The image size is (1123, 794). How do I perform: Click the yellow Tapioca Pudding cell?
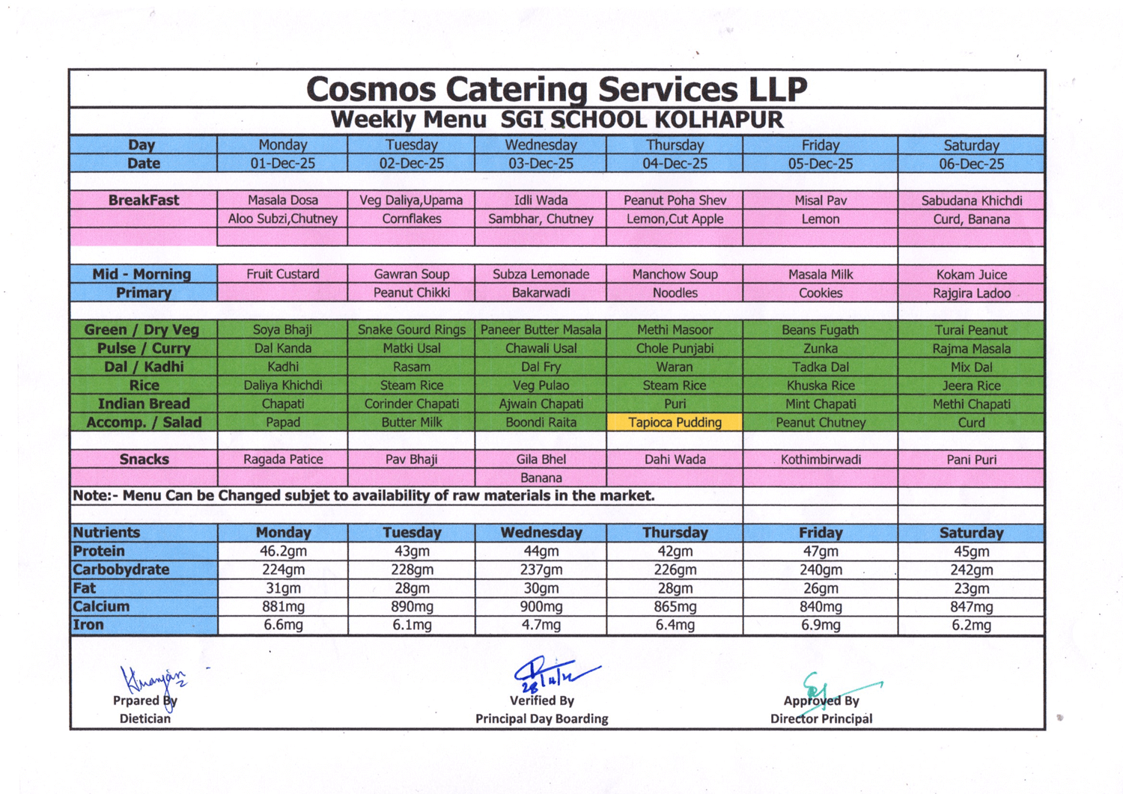pyautogui.click(x=675, y=422)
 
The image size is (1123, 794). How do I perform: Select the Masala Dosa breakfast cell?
pyautogui.click(x=282, y=200)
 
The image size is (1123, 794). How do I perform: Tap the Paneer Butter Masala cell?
pyautogui.click(x=541, y=329)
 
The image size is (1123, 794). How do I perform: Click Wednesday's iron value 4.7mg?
pyautogui.click(x=541, y=625)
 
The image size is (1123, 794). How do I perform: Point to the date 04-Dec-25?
pyautogui.click(x=675, y=163)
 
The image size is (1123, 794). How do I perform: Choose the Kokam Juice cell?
pyautogui.click(x=971, y=274)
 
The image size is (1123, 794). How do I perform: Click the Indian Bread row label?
pyautogui.click(x=144, y=403)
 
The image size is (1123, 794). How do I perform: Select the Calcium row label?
pyautogui.click(x=101, y=606)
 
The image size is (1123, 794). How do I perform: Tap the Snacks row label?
pyautogui.click(x=144, y=459)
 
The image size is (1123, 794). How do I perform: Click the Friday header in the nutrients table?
pyautogui.click(x=821, y=532)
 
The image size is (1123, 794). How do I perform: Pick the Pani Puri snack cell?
pyautogui.click(x=971, y=459)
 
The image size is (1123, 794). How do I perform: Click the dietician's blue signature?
pyautogui.click(x=153, y=680)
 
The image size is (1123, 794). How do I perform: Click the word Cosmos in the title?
pyautogui.click(x=371, y=89)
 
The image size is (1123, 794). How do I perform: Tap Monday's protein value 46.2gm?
pyautogui.click(x=282, y=551)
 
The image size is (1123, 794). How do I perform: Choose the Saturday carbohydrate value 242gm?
pyautogui.click(x=971, y=569)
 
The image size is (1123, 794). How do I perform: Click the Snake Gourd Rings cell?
pyautogui.click(x=411, y=329)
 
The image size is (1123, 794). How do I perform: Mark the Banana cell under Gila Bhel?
pyautogui.click(x=541, y=477)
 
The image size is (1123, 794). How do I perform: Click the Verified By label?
pyautogui.click(x=541, y=700)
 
